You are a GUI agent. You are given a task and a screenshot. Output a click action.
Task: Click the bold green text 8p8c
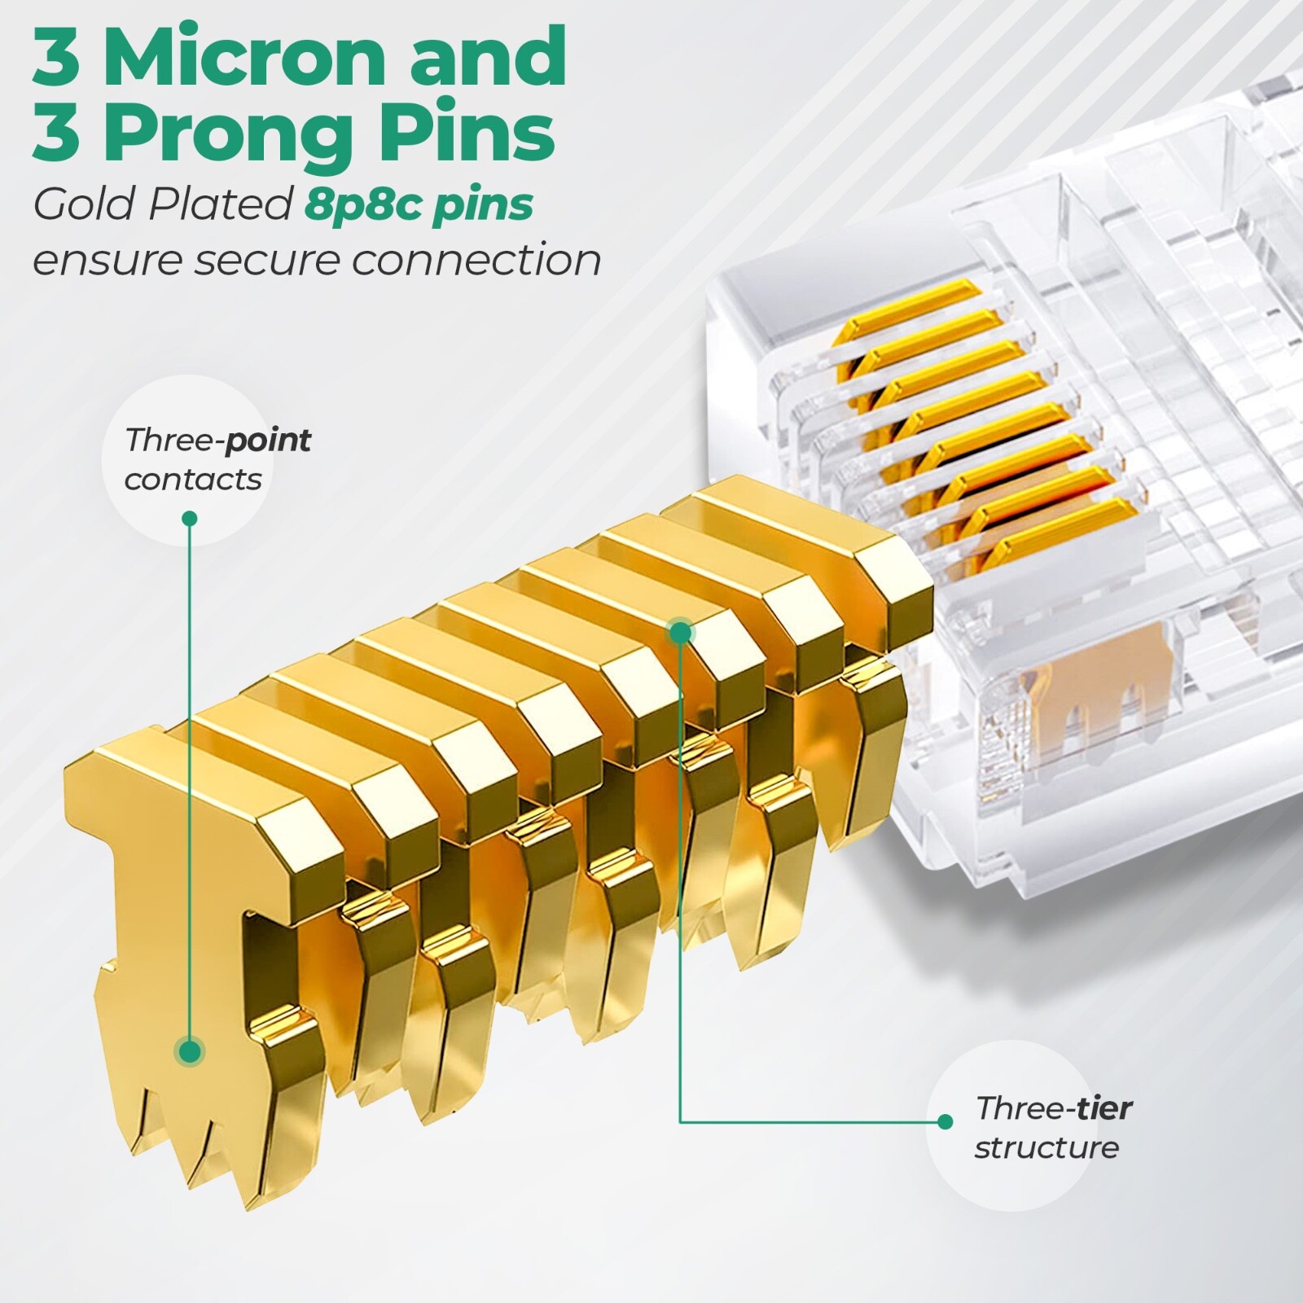[364, 204]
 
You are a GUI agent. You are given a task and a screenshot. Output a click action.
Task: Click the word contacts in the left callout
[193, 480]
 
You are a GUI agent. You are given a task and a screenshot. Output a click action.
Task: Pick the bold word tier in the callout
[1101, 1108]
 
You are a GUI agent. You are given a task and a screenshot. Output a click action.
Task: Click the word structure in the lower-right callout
[1046, 1147]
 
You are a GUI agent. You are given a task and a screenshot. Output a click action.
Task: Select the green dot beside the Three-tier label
[945, 1121]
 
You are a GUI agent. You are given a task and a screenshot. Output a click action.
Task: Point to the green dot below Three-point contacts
[190, 518]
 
